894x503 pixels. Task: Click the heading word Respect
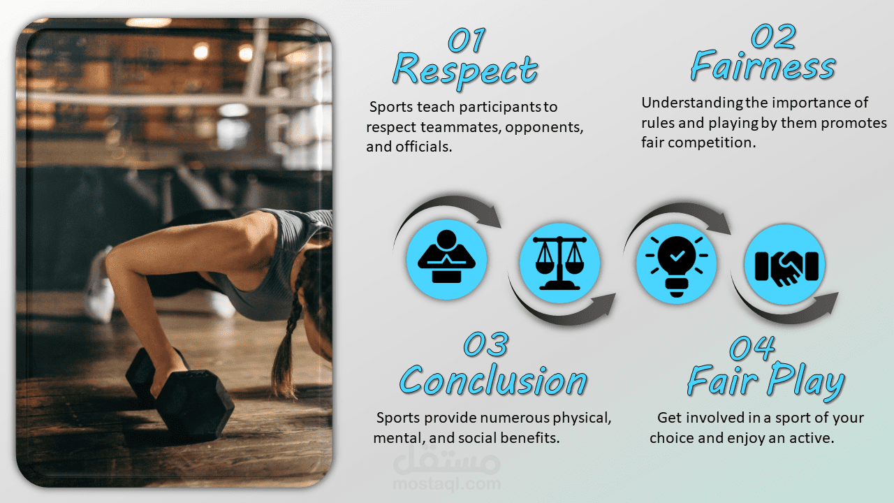pos(465,71)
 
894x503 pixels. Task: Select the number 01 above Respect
pos(467,40)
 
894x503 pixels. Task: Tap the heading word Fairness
pos(763,66)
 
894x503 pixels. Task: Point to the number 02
pos(773,36)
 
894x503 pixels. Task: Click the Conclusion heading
pos(493,379)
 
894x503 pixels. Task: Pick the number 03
pos(486,344)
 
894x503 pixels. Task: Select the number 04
pos(752,348)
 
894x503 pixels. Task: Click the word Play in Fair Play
pos(806,381)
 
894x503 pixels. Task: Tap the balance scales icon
pos(559,263)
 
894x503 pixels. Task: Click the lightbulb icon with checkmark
pos(677,265)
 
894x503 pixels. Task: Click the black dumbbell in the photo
pos(179,395)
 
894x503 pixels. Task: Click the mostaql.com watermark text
pos(447,484)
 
